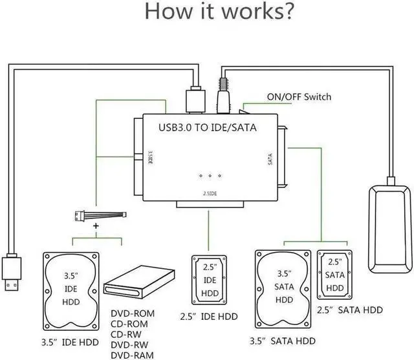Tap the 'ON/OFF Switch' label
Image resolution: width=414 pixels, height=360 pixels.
(x=299, y=97)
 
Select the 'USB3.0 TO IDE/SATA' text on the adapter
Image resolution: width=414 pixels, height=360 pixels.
(x=208, y=127)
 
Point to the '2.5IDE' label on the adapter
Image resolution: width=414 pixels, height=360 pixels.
(x=208, y=193)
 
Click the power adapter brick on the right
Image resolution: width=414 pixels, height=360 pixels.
(x=390, y=228)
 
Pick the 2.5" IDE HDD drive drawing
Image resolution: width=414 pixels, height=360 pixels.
(x=208, y=280)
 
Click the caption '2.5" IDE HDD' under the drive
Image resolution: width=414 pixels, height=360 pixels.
(x=208, y=317)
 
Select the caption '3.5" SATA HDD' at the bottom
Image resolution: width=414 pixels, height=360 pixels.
(x=283, y=341)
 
